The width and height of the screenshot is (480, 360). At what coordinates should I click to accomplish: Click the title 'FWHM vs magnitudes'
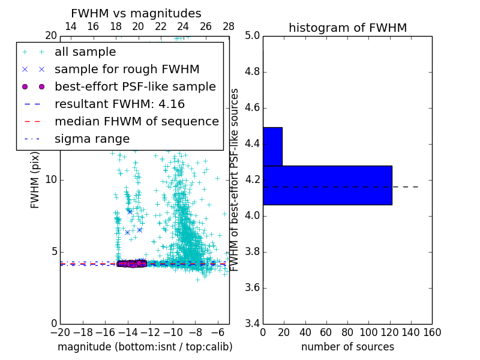[136, 13]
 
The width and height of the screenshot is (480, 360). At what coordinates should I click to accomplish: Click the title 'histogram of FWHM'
[347, 28]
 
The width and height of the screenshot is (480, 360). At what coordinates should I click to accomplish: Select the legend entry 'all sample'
[85, 52]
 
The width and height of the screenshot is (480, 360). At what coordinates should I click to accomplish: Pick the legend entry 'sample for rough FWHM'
[127, 69]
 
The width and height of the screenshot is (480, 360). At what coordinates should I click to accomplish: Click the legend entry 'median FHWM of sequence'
[136, 121]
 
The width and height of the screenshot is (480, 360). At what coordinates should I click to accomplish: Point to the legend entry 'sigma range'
[92, 139]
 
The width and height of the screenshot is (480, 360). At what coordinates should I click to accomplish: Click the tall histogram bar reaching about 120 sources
[327, 185]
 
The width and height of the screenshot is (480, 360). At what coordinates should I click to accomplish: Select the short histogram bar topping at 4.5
[272, 146]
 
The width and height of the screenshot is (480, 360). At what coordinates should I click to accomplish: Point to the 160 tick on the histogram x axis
[431, 332]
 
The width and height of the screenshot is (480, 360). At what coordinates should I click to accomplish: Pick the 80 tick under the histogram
[347, 332]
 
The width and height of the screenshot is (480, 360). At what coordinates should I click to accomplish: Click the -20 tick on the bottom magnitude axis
[60, 332]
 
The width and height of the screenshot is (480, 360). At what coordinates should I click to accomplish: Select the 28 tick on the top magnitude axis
[229, 26]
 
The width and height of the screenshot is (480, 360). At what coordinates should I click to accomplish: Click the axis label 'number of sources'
[347, 347]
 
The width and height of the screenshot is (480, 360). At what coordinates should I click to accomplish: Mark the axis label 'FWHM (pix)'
[35, 180]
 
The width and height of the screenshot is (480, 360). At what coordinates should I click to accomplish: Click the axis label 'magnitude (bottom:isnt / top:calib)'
[145, 347]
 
